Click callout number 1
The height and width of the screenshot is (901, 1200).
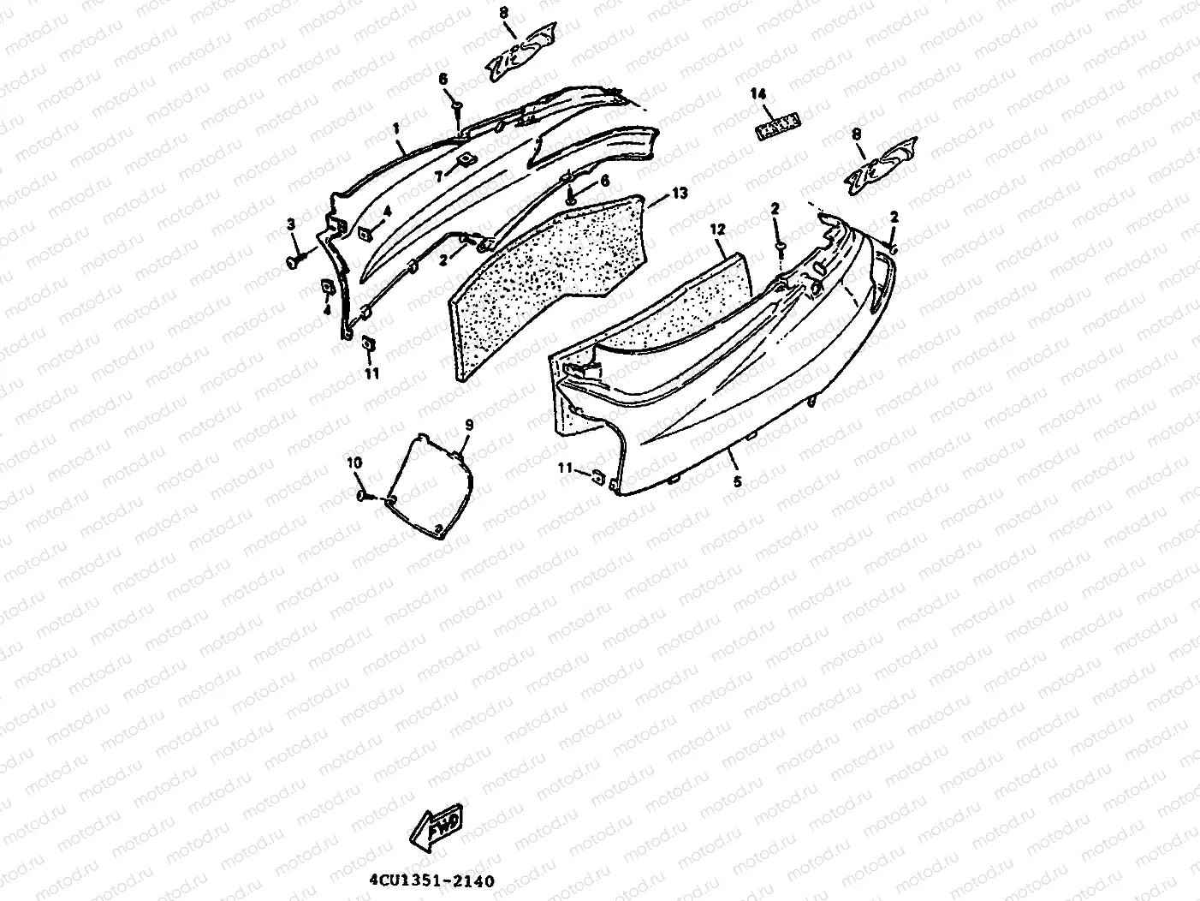[396, 128]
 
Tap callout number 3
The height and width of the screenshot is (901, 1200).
[291, 224]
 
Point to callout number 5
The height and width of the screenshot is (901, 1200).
[737, 482]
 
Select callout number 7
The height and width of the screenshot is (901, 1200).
[438, 176]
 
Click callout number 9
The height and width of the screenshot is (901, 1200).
[469, 424]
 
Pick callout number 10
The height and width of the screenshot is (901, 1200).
[354, 462]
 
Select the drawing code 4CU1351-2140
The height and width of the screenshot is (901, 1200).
[431, 880]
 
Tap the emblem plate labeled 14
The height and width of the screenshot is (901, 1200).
[777, 127]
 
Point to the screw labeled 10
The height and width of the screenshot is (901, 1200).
[365, 495]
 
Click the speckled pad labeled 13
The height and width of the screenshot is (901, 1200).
[548, 274]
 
